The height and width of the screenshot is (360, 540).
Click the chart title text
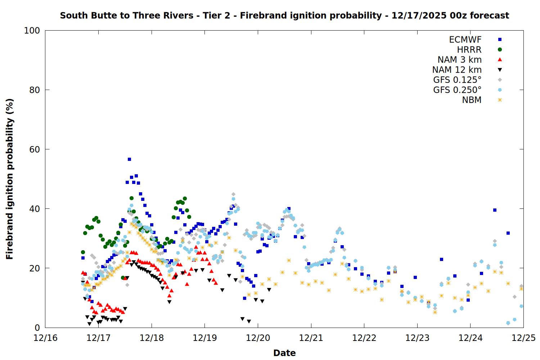click(x=284, y=15)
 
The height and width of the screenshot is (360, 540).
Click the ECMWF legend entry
click(x=465, y=40)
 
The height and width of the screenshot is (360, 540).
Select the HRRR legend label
click(x=469, y=50)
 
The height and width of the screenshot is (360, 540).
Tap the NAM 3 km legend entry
click(x=459, y=60)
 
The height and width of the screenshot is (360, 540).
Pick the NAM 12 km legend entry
click(x=457, y=70)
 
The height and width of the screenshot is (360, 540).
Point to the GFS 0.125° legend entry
click(x=457, y=80)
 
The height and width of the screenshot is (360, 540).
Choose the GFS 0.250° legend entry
click(x=457, y=90)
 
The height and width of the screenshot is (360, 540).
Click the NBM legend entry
click(x=472, y=100)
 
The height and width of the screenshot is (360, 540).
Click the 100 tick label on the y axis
click(x=32, y=31)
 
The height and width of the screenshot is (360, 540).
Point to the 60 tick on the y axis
click(x=35, y=149)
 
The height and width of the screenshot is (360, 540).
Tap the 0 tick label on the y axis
click(x=37, y=328)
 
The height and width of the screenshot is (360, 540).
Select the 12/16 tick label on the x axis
click(x=45, y=338)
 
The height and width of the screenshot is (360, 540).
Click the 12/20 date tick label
click(x=258, y=338)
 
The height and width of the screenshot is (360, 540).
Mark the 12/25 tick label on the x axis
click(x=523, y=338)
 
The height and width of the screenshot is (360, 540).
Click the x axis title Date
click(x=284, y=353)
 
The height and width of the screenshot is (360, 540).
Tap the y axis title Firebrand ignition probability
click(x=10, y=179)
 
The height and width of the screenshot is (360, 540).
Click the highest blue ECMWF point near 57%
click(x=129, y=159)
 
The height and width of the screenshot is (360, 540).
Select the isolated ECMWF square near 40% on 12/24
click(x=495, y=210)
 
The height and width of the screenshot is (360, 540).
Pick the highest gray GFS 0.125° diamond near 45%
click(x=233, y=194)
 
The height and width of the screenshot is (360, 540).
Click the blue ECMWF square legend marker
click(x=500, y=40)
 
